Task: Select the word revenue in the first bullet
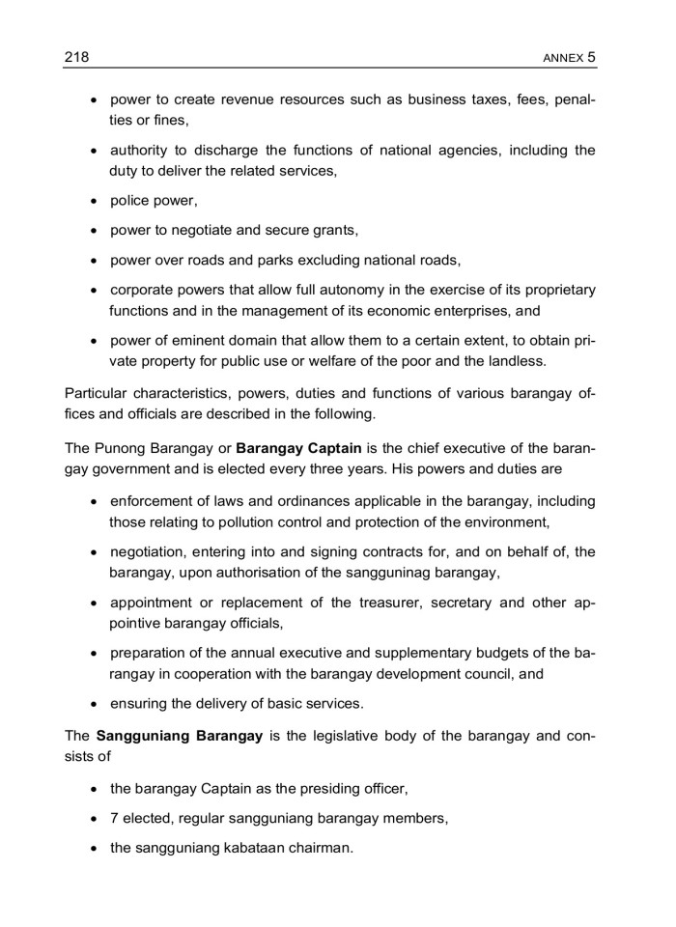click(255, 101)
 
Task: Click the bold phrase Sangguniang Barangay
click(180, 737)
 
